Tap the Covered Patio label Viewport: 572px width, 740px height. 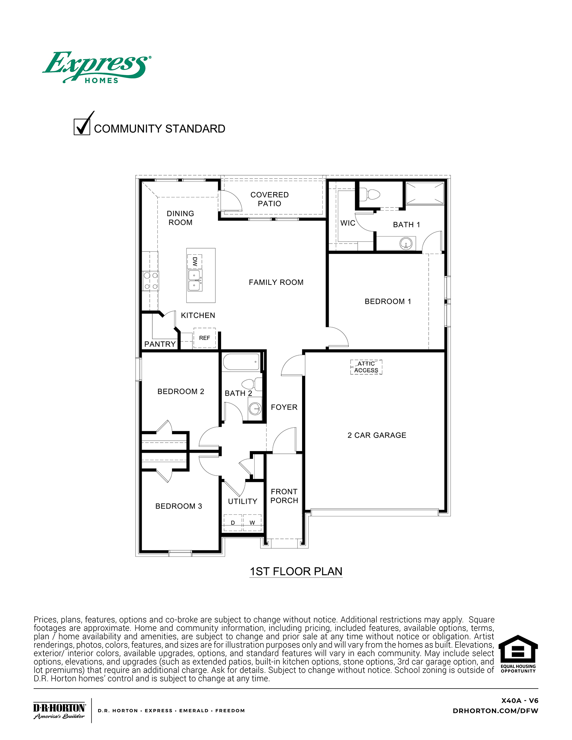(x=270, y=199)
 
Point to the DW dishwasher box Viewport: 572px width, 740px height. (x=195, y=261)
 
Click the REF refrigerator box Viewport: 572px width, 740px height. (x=204, y=338)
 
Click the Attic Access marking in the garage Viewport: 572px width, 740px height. (x=366, y=367)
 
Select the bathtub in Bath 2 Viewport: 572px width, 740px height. (x=241, y=362)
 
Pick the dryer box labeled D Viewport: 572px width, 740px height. (x=233, y=523)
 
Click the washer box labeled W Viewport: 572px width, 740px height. (x=252, y=523)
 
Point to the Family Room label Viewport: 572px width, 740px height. (x=276, y=282)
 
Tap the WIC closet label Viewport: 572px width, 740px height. (x=348, y=223)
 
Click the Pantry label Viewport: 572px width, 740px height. (x=160, y=344)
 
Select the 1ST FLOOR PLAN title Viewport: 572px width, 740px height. (x=296, y=571)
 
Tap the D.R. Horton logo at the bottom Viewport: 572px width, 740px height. (x=59, y=711)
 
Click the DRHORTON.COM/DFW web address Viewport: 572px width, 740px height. (x=495, y=711)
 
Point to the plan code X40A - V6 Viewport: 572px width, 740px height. (x=520, y=701)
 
